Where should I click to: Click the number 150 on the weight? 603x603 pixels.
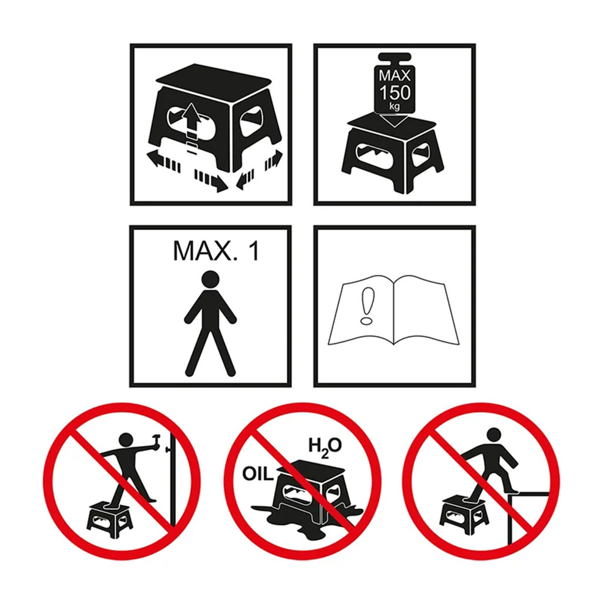point(395,92)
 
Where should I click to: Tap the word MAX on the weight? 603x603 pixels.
point(395,75)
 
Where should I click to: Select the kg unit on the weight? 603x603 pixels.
point(394,106)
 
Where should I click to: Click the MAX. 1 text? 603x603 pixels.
point(216,251)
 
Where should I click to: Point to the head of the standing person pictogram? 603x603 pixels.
point(210,279)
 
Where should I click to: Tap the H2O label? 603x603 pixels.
point(325,447)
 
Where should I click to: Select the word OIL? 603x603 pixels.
point(257,474)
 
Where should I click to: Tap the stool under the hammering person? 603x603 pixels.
point(110,519)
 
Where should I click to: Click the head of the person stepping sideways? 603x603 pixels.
point(494,435)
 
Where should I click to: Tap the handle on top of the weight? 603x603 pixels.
point(395,58)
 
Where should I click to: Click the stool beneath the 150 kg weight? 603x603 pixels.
point(393,154)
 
